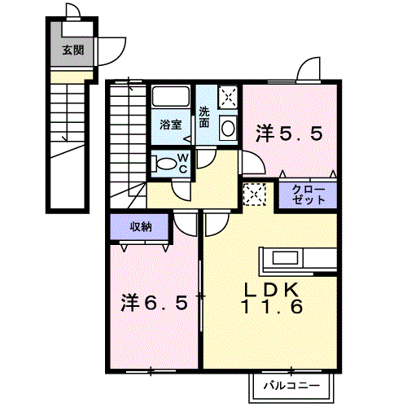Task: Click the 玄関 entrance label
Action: coord(73,50)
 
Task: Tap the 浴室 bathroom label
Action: coord(170,125)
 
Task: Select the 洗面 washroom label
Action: coord(204,117)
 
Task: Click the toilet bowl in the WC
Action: coord(165,164)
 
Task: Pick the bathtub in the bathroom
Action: coord(170,96)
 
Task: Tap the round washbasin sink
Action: coord(228,128)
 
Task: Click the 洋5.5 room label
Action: coord(289,133)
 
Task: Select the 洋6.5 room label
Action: coord(154,303)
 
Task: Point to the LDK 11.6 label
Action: coord(272,298)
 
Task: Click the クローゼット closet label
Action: coord(309,195)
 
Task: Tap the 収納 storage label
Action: coord(141,226)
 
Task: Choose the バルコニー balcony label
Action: coord(291,385)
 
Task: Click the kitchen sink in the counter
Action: coord(285,257)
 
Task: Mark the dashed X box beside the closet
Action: coord(254,195)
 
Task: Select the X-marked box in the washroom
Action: coord(228,97)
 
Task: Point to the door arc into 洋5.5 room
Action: coord(258,160)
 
